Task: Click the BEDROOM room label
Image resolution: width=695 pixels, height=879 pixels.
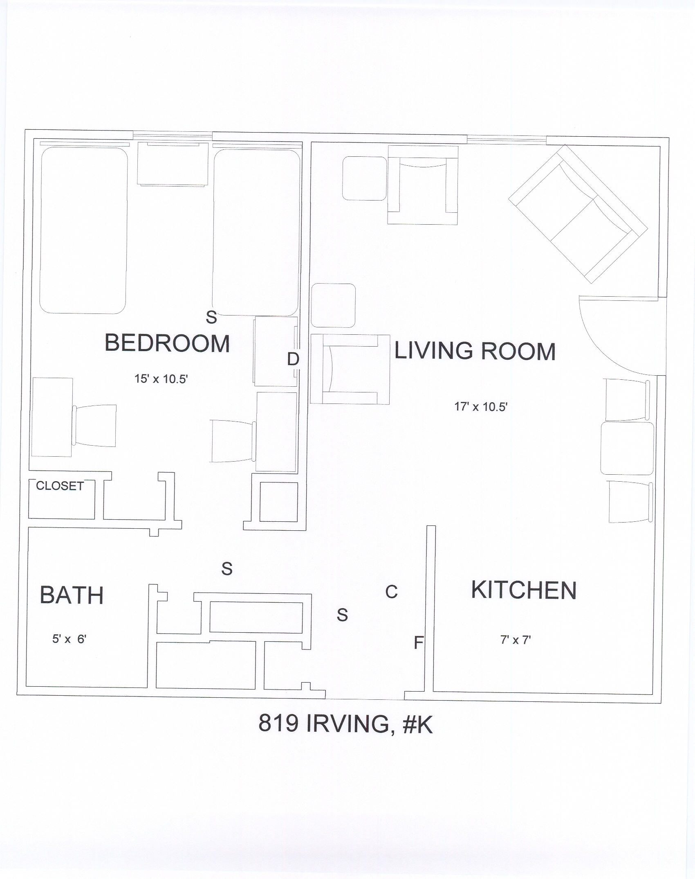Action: tap(167, 343)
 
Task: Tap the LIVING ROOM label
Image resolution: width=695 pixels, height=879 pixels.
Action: tap(475, 351)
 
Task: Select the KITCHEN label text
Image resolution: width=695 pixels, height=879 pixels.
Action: tap(524, 590)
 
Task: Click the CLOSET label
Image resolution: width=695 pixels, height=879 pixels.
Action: tap(60, 486)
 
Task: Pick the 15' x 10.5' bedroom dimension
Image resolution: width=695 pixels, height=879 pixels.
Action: tap(161, 379)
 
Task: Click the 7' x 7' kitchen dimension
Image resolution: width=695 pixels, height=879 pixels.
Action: tap(516, 640)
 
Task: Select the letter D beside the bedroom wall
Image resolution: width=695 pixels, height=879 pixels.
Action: tap(293, 359)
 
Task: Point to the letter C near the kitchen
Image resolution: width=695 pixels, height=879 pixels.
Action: tap(391, 592)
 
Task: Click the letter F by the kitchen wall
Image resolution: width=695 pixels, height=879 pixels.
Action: tap(418, 642)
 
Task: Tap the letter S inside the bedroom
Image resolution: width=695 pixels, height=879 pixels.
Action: tap(211, 317)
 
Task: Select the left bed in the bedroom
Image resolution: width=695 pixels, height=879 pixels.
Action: tap(83, 230)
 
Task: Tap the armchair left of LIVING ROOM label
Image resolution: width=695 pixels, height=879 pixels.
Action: tap(350, 369)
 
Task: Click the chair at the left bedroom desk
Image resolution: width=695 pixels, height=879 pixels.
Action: tap(94, 426)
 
